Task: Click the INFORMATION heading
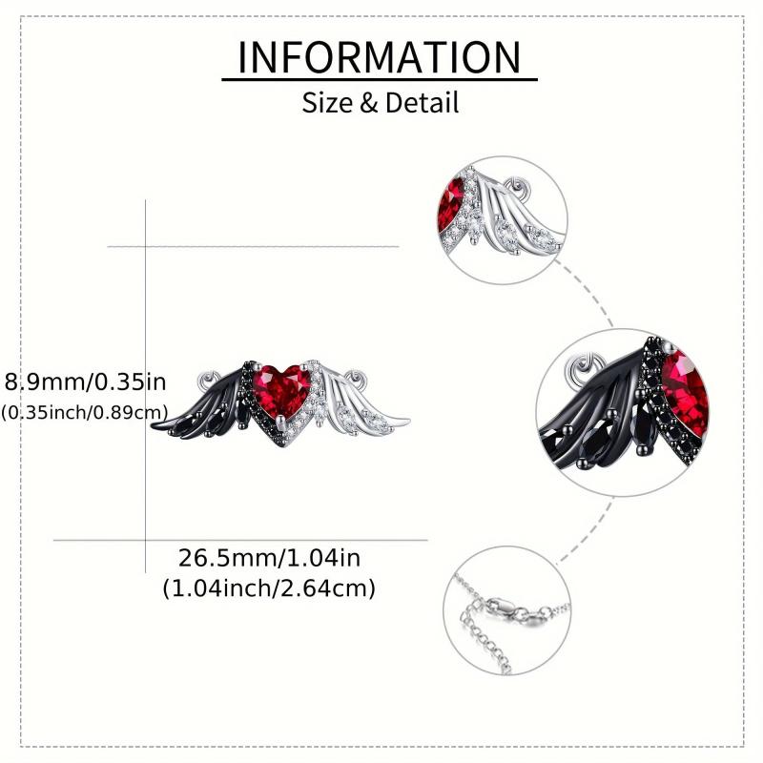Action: tap(379, 57)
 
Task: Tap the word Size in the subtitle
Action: tap(328, 103)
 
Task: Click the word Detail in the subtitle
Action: tap(422, 103)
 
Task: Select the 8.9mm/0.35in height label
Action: tap(85, 382)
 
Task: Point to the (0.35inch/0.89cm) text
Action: tap(85, 413)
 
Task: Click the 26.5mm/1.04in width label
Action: tap(269, 558)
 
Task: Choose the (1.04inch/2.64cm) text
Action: tap(269, 588)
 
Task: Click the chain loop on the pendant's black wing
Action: tap(209, 380)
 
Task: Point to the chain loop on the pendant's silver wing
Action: tap(354, 377)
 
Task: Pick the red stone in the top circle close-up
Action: tap(451, 203)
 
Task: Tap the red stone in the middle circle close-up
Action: tap(685, 393)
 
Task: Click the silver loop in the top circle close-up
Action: tap(515, 188)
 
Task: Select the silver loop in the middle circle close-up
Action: tap(587, 366)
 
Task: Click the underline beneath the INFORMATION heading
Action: tap(380, 79)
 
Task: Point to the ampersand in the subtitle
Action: tap(369, 103)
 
